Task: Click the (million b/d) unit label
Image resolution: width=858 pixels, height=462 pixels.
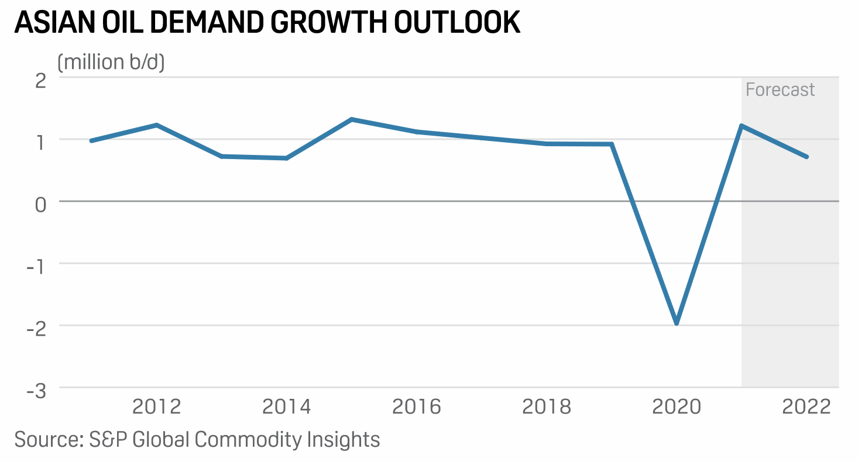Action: [111, 62]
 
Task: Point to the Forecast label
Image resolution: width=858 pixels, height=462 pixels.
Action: [780, 89]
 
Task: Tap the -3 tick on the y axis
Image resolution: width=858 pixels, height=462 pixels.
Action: [37, 390]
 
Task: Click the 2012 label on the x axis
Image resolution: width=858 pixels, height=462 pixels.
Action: [157, 407]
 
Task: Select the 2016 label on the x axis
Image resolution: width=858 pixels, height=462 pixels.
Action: [417, 407]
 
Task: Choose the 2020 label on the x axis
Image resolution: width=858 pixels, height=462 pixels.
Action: [677, 407]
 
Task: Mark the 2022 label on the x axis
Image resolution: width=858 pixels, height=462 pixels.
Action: [806, 407]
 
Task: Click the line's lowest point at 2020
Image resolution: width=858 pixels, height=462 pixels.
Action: [677, 323]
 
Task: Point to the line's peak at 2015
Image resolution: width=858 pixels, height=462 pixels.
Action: [351, 119]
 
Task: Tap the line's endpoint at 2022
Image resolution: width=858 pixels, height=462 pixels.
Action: [806, 157]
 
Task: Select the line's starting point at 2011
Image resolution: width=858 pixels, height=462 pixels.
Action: [92, 141]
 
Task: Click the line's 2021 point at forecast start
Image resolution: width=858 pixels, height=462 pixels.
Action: [742, 126]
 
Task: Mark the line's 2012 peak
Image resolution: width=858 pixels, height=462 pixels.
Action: [157, 125]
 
